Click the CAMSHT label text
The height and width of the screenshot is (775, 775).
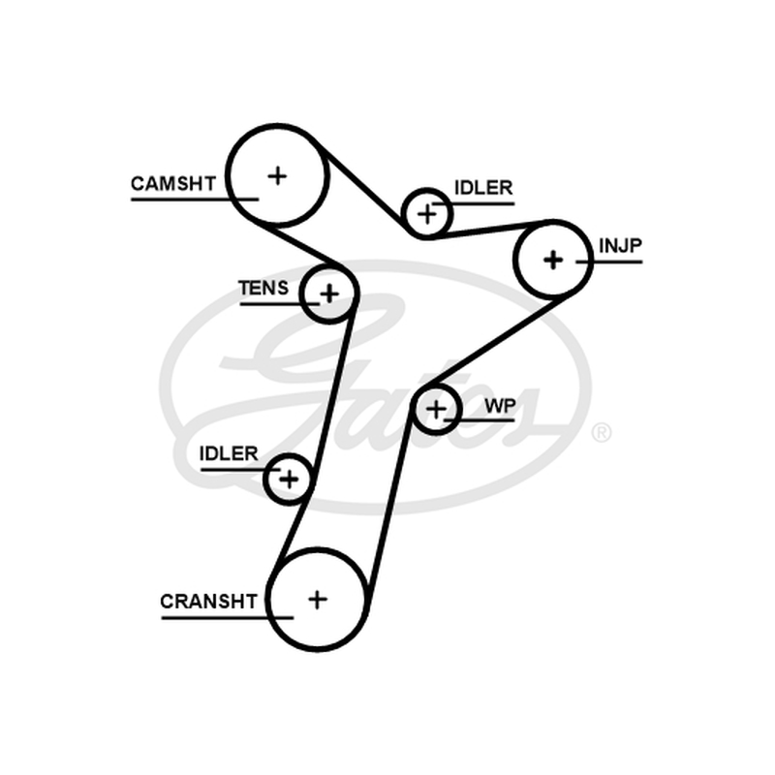click(173, 184)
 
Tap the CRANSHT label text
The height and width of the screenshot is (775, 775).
click(208, 602)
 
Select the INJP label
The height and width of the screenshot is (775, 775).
click(620, 245)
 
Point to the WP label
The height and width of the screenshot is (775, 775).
click(500, 406)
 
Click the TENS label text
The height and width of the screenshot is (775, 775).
click(263, 288)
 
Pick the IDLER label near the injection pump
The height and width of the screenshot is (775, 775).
click(483, 188)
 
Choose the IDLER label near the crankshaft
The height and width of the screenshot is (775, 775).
click(229, 453)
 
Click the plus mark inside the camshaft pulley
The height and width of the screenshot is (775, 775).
click(277, 175)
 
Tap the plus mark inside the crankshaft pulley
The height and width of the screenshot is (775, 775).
click(318, 600)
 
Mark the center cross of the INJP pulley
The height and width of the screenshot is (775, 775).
click(553, 260)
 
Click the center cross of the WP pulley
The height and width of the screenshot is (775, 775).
click(436, 409)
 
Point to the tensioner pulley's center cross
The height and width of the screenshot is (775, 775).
click(329, 294)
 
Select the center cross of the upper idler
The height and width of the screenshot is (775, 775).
click(427, 214)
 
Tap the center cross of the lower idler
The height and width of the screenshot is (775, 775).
click(289, 479)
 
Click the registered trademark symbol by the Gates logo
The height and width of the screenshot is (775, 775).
click(601, 432)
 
